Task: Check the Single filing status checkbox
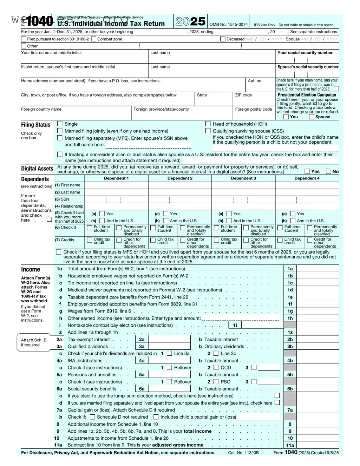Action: pos(60,124)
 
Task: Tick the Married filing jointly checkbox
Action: pos(60,131)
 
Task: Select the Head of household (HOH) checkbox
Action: pos(208,124)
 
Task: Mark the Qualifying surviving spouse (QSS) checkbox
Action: pos(208,131)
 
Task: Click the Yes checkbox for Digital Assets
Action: pos(307,171)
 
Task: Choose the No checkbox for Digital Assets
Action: pos(328,171)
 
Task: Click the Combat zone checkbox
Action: pos(94,39)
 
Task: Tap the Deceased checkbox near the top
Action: pos(223,39)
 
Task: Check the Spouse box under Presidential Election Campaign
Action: pos(312,117)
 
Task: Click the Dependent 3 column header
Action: pos(243,178)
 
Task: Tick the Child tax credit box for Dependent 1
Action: pos(90,241)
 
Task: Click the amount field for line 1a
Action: pos(318,269)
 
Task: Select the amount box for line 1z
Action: pos(318,332)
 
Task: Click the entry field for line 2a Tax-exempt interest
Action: pos(169,340)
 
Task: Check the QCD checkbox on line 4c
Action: pos(216,368)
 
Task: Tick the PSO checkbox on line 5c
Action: pos(216,382)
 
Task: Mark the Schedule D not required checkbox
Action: pos(92,417)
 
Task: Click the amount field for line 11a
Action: pos(318,445)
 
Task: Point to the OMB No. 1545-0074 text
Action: pos(229,25)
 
